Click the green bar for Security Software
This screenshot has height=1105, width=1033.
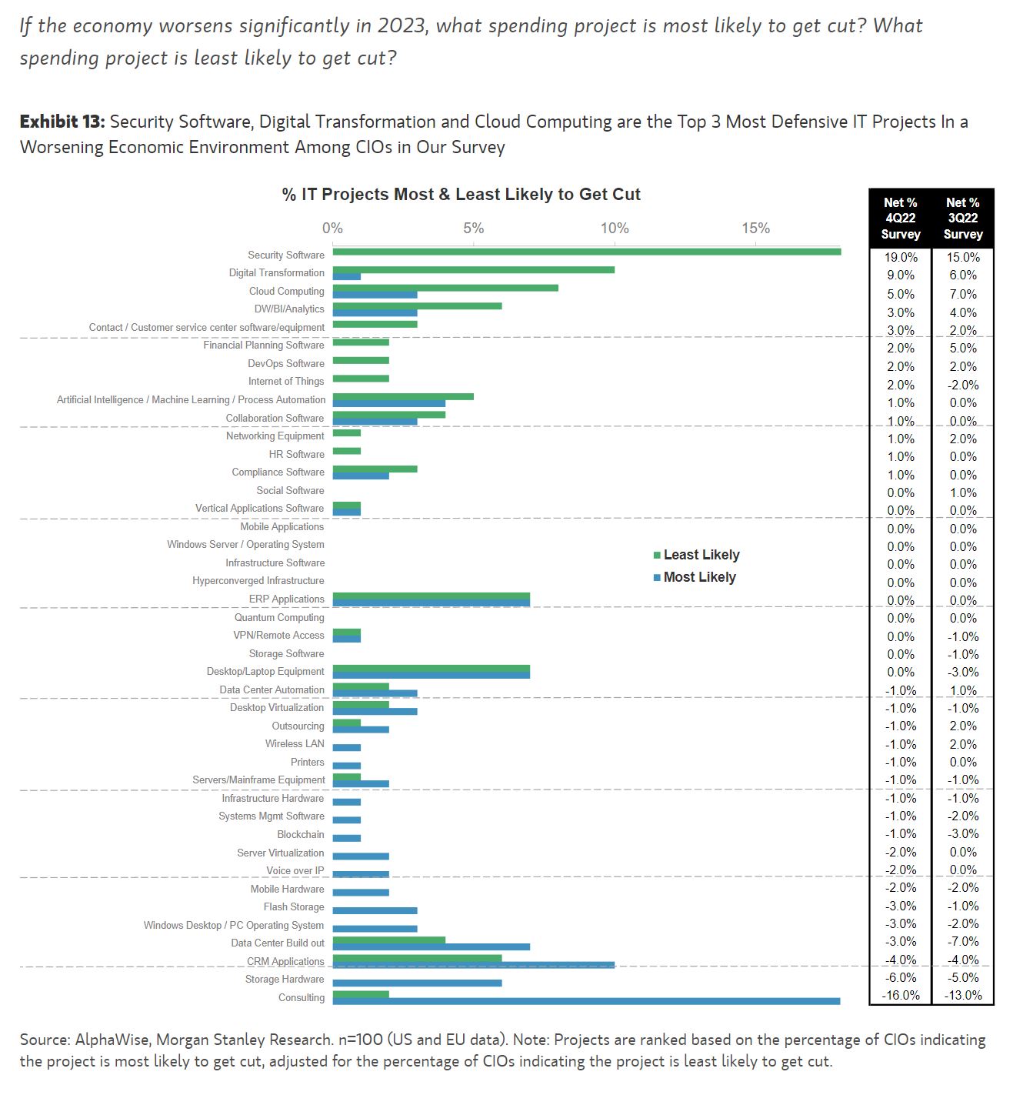pos(586,252)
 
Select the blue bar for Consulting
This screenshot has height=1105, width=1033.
pos(586,1001)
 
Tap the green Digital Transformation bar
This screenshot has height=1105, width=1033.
pos(473,269)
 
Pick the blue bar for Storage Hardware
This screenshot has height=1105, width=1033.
pos(417,983)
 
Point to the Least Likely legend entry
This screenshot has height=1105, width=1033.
pos(701,555)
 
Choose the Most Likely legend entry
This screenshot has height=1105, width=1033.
pos(699,577)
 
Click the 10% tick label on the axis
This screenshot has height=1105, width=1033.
pos(615,229)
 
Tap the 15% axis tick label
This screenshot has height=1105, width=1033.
pos(755,229)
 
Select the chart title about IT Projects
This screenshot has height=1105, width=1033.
pos(461,195)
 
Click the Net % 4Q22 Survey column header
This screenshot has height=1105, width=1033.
pos(900,219)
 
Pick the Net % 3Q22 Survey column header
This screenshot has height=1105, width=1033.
pos(963,219)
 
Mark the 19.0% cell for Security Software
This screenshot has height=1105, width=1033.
pos(901,258)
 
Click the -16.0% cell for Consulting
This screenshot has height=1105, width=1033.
pos(900,996)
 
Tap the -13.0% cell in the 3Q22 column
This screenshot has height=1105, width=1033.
pos(963,996)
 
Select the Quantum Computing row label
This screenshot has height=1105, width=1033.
pos(279,617)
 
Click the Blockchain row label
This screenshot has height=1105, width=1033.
pos(301,835)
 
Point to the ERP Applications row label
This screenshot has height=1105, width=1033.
pos(286,599)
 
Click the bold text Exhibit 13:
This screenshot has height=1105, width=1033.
pos(62,122)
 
